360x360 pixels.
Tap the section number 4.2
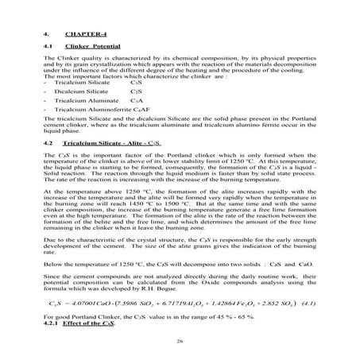point(48,141)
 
